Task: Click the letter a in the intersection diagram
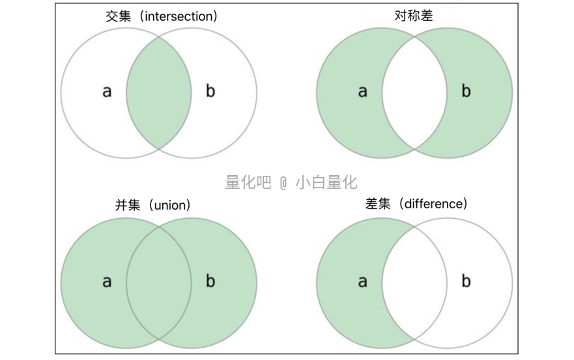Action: tap(107, 91)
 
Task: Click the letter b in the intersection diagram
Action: tap(210, 91)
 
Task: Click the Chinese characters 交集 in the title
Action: tap(119, 16)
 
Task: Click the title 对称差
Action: tap(414, 15)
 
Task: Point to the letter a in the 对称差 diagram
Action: tap(362, 91)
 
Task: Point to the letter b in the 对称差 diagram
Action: tap(466, 91)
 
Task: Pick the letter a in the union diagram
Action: tap(107, 281)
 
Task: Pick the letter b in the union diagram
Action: tap(210, 281)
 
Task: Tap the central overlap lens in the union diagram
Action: tap(159, 283)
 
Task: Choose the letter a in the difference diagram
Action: tap(362, 281)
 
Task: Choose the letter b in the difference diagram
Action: tap(466, 281)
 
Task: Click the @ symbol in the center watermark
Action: tap(283, 183)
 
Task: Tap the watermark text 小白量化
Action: tap(326, 183)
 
